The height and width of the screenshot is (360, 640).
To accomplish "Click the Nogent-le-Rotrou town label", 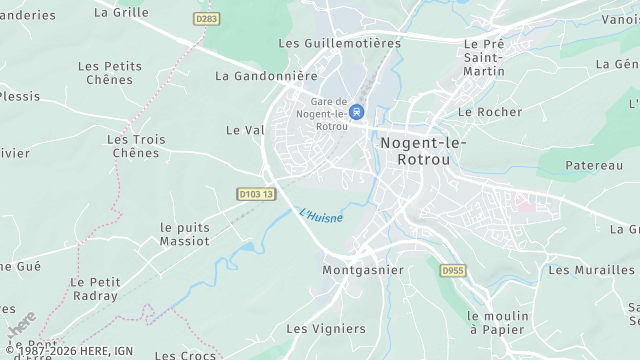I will (x=424, y=150).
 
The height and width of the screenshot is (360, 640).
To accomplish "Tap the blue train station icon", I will (x=357, y=112).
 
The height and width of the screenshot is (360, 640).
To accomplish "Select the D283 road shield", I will (x=207, y=19).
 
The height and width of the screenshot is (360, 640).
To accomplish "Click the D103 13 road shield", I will (x=256, y=194).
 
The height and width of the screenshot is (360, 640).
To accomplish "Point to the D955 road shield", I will (x=454, y=270).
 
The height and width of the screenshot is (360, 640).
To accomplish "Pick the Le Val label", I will (x=244, y=130).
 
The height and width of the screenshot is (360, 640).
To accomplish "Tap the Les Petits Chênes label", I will (x=110, y=73).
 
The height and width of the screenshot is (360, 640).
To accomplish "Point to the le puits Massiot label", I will (x=185, y=234).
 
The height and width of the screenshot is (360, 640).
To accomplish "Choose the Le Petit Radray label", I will (x=94, y=289).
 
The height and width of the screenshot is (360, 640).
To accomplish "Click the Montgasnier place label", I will (x=363, y=270).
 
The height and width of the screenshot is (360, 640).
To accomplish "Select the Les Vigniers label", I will (x=326, y=328).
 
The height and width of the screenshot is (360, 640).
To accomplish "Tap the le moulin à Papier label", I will (x=497, y=323).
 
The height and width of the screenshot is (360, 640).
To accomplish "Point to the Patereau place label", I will (x=594, y=165).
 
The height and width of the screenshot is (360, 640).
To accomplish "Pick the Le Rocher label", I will (x=490, y=112).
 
